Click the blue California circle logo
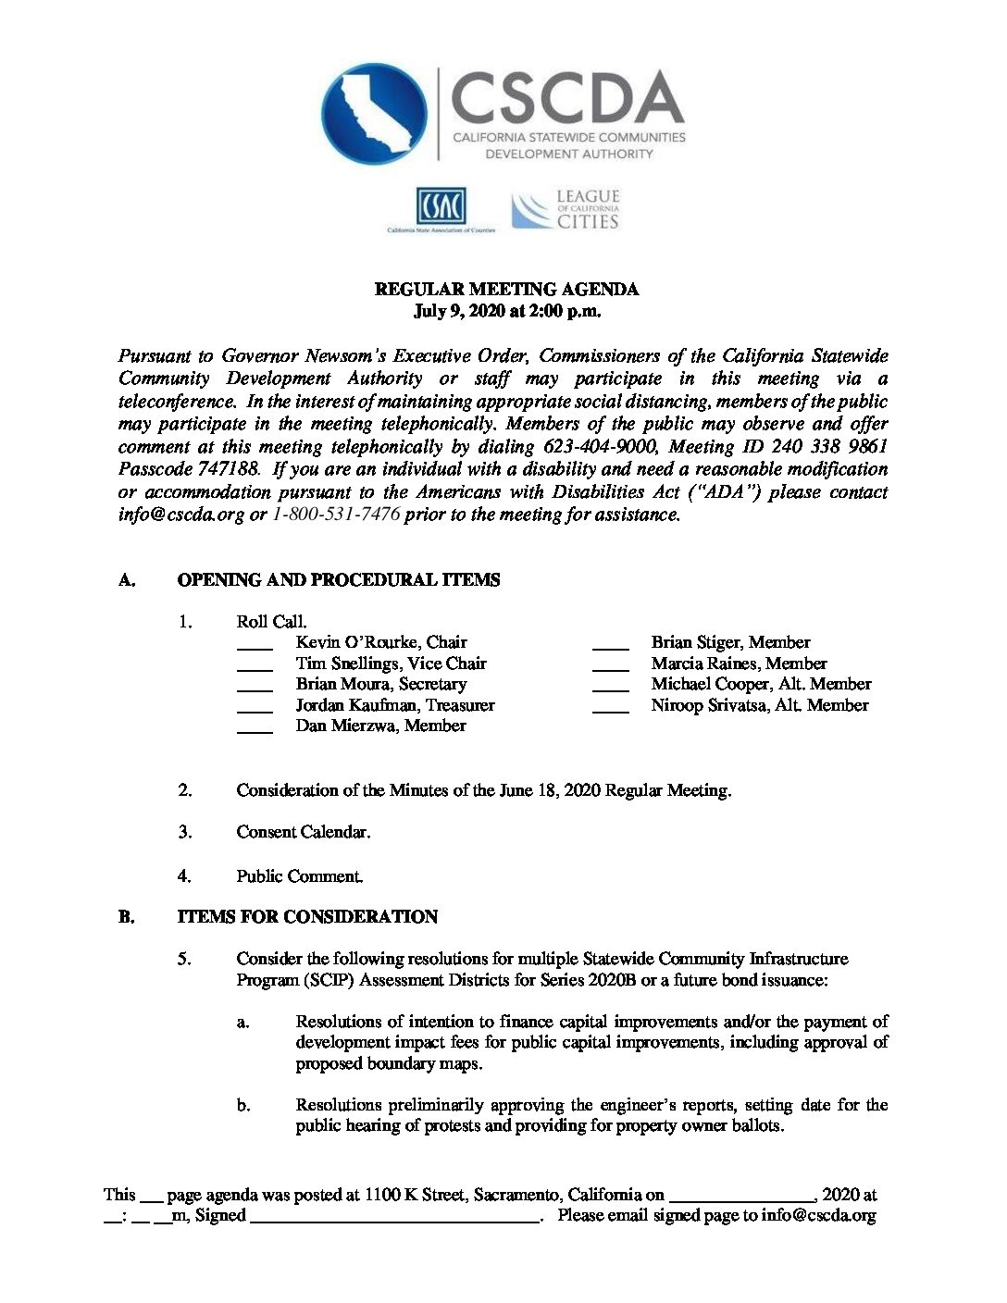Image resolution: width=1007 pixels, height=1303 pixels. (x=374, y=114)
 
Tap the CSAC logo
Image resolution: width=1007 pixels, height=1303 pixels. (x=441, y=206)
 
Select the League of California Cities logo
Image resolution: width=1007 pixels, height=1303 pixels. (x=566, y=210)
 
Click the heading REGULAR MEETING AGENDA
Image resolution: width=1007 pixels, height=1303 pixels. (x=506, y=289)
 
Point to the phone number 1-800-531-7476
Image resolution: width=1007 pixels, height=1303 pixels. (x=336, y=515)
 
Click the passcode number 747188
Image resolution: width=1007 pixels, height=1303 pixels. (x=229, y=469)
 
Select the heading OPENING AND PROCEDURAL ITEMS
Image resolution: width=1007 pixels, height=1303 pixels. (x=339, y=580)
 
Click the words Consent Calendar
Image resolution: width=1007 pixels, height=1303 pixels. (x=303, y=832)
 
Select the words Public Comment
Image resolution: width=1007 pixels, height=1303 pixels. (x=299, y=875)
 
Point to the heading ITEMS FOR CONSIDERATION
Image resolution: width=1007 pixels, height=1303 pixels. (x=307, y=917)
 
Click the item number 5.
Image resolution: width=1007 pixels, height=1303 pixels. (x=185, y=959)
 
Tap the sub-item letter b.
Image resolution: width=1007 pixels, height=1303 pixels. (x=243, y=1105)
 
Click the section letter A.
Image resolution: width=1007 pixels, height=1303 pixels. (x=127, y=580)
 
